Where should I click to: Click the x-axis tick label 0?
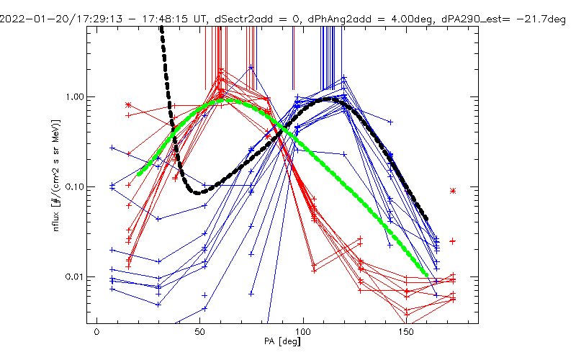click(x=96, y=333)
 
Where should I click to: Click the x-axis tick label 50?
click(x=199, y=333)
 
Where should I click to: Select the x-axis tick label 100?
click(x=303, y=333)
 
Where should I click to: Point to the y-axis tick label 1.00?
click(x=75, y=96)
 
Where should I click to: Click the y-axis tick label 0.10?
click(x=75, y=186)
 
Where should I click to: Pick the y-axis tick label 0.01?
click(x=75, y=277)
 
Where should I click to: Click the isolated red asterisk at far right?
click(x=453, y=191)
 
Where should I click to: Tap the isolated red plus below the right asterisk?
click(x=453, y=241)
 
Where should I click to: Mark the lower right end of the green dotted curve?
click(x=428, y=274)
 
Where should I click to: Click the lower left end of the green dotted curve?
click(x=140, y=174)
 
